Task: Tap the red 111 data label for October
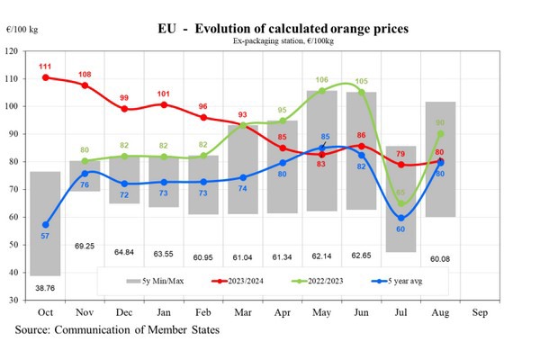click(x=44, y=67)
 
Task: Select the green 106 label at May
click(x=322, y=81)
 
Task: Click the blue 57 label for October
click(x=44, y=235)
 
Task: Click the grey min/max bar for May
click(x=322, y=153)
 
